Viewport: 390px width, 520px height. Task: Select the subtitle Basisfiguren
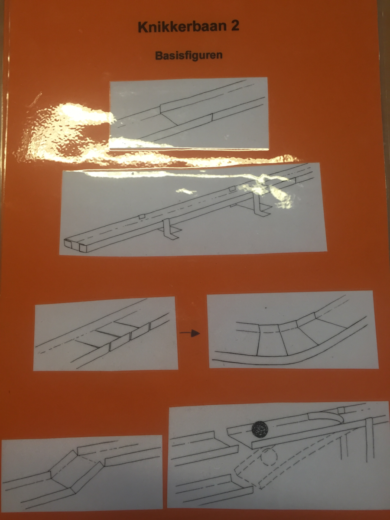click(x=189, y=55)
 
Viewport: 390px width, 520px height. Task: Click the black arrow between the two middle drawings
click(x=190, y=334)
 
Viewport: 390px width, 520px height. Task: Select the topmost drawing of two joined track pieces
click(x=189, y=114)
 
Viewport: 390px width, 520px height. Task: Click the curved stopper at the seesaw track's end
click(x=327, y=418)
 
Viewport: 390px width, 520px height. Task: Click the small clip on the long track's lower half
click(x=142, y=216)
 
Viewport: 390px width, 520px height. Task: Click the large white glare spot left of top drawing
click(x=68, y=133)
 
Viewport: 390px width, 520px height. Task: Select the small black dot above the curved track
click(x=266, y=308)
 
